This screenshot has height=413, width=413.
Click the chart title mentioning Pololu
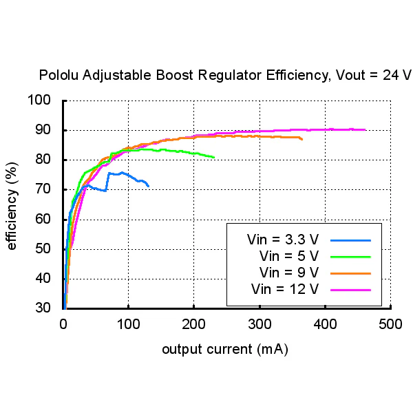225,75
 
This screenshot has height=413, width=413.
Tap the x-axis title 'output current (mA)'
225,350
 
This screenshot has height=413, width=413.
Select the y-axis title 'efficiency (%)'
12,206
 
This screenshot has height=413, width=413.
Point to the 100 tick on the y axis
39,100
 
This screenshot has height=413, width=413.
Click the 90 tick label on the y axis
43,130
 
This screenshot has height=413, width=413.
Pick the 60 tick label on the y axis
43,219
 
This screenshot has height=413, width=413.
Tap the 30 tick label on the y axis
43,308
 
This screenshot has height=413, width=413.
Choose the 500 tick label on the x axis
390,324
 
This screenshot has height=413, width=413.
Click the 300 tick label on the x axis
260,324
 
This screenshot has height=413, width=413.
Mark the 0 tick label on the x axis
63,324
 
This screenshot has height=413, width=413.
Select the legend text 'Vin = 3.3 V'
283,240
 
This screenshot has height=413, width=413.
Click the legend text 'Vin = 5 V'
289,256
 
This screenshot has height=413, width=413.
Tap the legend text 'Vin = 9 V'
289,273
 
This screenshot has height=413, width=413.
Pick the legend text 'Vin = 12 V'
285,289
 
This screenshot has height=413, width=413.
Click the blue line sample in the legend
350,240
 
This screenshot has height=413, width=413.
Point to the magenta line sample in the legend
350,290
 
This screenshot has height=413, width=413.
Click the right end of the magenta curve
365,129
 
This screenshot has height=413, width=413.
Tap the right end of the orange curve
302,139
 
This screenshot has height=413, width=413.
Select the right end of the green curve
214,158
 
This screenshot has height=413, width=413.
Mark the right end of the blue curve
149,187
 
